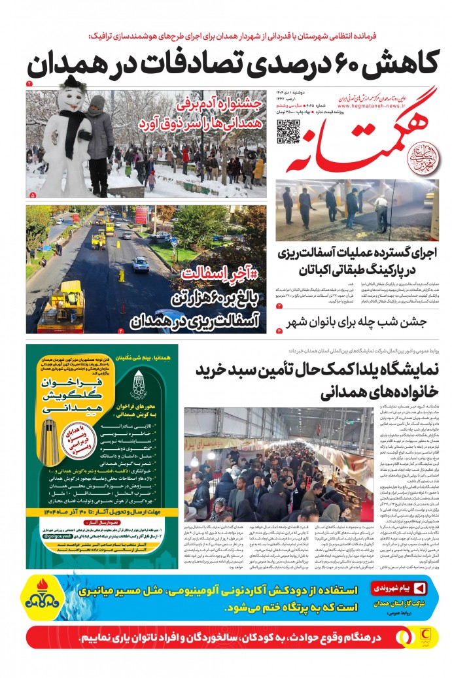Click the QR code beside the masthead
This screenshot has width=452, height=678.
pos(288,131)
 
